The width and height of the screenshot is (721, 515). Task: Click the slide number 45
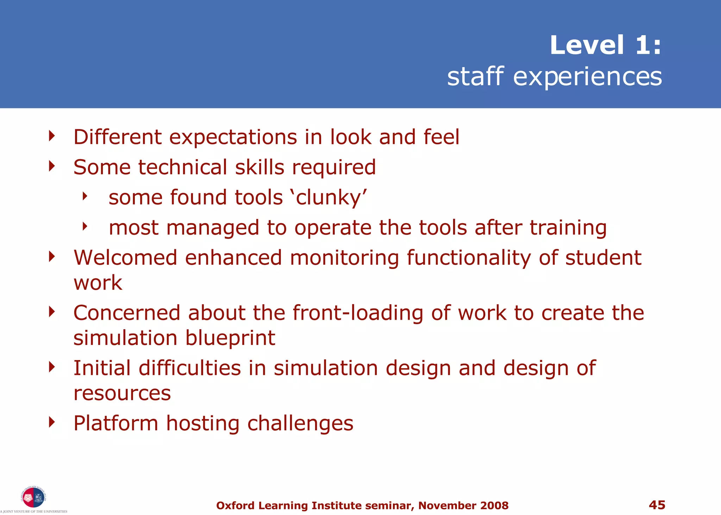657,505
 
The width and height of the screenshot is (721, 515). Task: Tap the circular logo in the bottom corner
33,497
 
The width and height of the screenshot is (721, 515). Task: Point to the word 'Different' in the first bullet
118,137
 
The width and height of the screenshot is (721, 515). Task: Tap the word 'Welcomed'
125,258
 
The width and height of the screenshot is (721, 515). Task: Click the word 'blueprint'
230,338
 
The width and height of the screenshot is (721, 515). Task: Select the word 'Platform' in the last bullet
115,423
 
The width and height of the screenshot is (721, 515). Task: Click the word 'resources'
122,393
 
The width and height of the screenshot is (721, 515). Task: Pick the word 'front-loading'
358,313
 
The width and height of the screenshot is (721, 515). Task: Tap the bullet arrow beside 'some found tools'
85,196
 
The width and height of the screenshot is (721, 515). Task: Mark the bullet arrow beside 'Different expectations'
52,136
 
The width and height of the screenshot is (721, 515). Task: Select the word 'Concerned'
127,313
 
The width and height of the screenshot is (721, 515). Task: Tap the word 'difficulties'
190,368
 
